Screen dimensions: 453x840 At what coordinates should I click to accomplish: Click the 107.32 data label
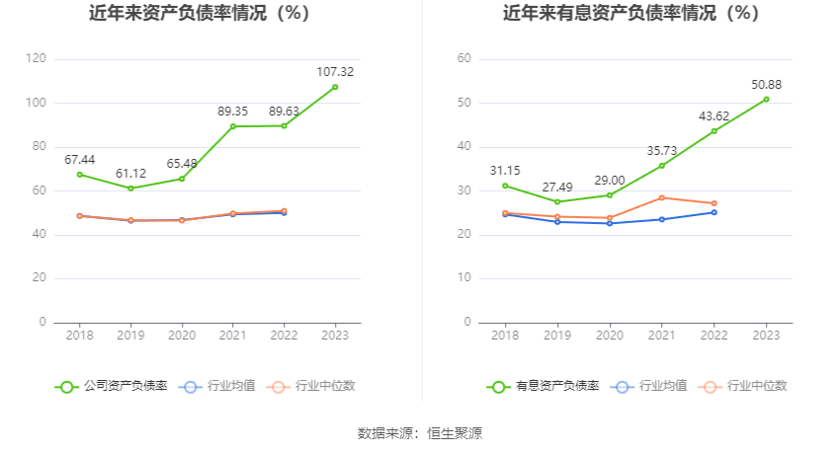(x=335, y=72)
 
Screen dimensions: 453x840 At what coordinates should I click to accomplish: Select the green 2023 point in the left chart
(x=335, y=87)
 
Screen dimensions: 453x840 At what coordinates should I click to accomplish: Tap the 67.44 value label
(x=80, y=160)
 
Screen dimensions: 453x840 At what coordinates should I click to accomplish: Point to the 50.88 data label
(x=766, y=84)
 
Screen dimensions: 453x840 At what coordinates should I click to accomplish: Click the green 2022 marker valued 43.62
(x=714, y=130)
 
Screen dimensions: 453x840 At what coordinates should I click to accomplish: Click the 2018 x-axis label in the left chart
(x=80, y=336)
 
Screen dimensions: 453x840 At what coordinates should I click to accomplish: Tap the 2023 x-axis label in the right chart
(x=766, y=336)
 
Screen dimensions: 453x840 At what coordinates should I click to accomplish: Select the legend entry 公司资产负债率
(x=111, y=386)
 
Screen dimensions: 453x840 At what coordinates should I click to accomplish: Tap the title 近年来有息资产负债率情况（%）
(x=630, y=14)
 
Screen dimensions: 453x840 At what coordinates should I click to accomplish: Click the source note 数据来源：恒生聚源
(x=419, y=432)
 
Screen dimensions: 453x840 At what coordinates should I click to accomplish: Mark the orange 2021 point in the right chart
(x=661, y=197)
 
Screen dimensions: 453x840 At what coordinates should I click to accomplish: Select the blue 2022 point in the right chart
(x=714, y=212)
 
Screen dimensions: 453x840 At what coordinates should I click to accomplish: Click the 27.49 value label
(x=557, y=187)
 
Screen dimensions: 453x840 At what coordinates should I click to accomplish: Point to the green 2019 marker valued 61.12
(x=131, y=189)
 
